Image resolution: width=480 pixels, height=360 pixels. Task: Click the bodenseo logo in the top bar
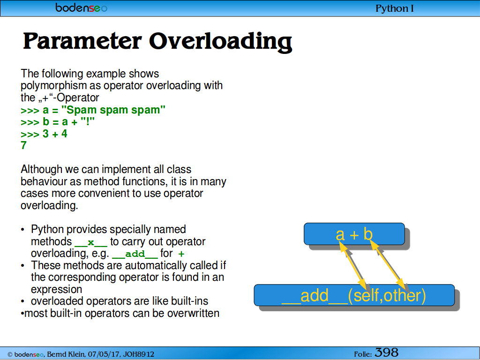click(x=82, y=7)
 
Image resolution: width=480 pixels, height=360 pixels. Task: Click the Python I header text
click(x=395, y=8)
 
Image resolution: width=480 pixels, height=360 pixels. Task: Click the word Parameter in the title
click(x=82, y=41)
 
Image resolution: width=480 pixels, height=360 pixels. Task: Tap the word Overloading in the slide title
click(x=220, y=42)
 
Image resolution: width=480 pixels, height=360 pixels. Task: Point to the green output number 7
click(x=23, y=145)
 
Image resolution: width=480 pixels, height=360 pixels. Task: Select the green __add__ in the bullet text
click(x=135, y=255)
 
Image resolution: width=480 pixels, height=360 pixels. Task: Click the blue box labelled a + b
click(x=354, y=234)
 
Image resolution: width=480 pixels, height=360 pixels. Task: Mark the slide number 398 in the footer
click(x=387, y=352)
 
